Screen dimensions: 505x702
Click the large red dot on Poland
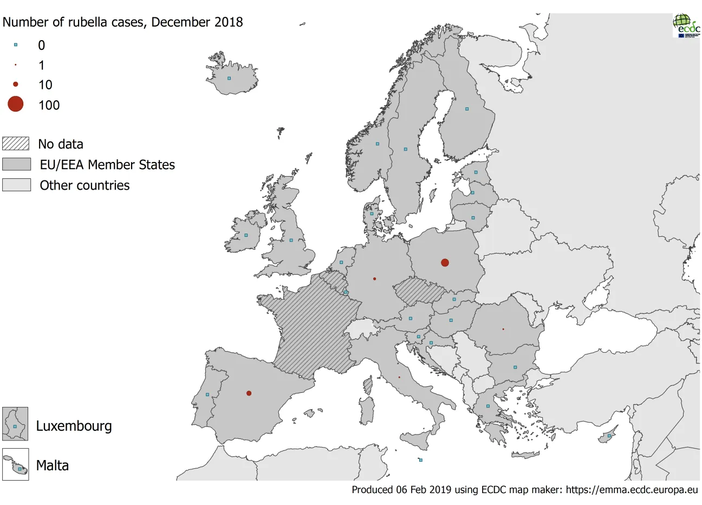click(445, 263)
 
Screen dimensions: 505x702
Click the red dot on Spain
click(249, 393)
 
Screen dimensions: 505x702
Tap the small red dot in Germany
click(375, 279)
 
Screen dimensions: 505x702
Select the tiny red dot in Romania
click(503, 329)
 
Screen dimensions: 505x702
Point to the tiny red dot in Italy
click(399, 377)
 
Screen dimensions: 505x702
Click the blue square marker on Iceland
click(229, 78)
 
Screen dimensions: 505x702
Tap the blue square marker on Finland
click(467, 109)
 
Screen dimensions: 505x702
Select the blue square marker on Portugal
click(207, 394)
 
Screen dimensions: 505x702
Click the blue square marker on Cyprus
click(609, 436)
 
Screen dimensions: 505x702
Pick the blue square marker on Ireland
click(246, 235)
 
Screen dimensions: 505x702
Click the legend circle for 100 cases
click(16, 104)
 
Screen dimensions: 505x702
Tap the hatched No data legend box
click(16, 144)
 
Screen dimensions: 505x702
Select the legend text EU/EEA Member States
click(107, 165)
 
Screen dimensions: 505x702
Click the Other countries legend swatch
click(16, 185)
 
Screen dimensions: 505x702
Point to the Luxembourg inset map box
click(15, 424)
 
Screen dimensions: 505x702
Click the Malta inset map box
click(15, 465)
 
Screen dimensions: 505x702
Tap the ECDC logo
click(686, 25)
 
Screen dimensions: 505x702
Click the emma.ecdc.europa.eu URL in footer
click(632, 490)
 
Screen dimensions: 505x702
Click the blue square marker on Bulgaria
click(515, 367)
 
